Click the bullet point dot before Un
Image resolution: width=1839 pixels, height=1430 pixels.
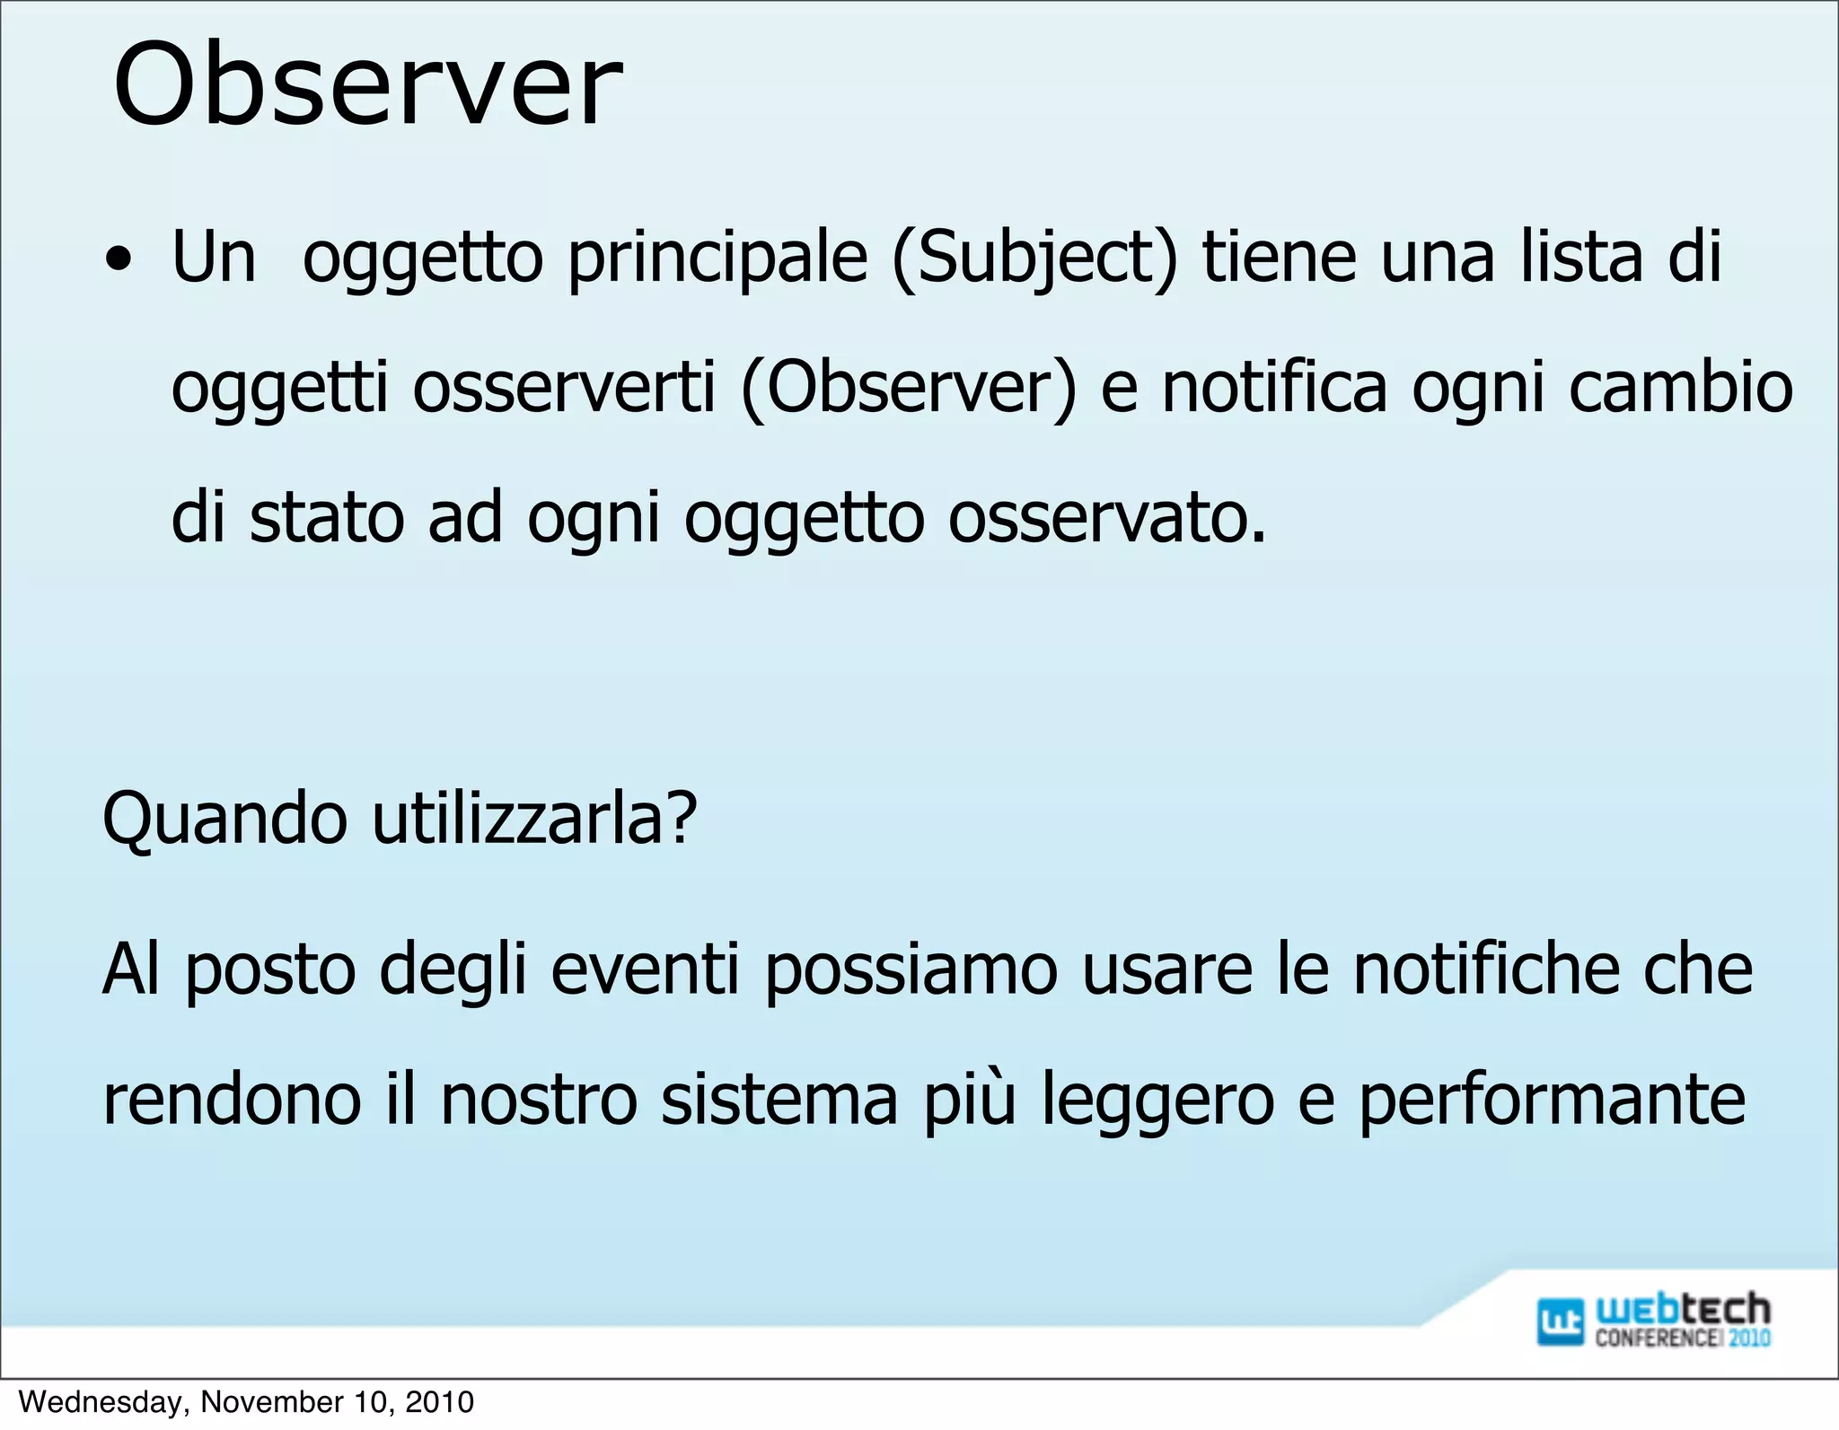(x=118, y=261)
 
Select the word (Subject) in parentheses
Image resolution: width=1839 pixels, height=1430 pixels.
(x=1034, y=259)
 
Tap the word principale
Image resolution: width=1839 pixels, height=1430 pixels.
(x=717, y=259)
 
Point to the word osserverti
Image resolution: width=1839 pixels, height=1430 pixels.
(x=564, y=389)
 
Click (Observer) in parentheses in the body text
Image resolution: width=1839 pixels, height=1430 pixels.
(x=908, y=389)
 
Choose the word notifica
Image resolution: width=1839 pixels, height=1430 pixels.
(x=1274, y=389)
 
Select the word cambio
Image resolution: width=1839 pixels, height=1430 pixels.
(x=1680, y=389)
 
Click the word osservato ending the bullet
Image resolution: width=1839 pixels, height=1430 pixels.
(x=1106, y=519)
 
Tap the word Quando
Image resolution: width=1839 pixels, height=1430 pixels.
(x=224, y=819)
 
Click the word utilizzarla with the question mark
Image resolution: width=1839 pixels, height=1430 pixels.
(x=534, y=819)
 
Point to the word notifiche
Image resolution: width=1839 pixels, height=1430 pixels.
(x=1486, y=969)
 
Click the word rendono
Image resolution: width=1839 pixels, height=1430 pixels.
(x=232, y=1101)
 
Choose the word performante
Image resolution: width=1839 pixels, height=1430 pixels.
(x=1551, y=1101)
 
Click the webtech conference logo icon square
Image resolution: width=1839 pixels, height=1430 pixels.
(x=1561, y=1321)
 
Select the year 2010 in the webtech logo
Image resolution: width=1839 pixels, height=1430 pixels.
(x=1748, y=1338)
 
